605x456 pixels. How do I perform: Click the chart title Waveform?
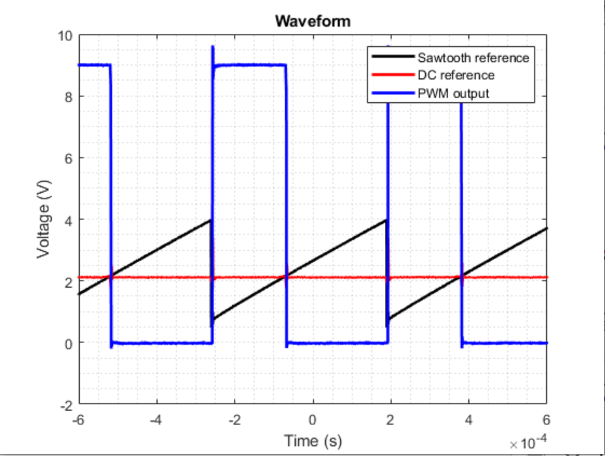pyautogui.click(x=312, y=21)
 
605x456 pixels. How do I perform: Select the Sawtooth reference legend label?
pyautogui.click(x=473, y=58)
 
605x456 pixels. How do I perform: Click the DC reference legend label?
pyautogui.click(x=455, y=75)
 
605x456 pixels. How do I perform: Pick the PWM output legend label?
pyautogui.click(x=453, y=93)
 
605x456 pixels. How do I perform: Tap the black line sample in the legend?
pyautogui.click(x=393, y=57)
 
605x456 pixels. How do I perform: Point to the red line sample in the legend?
pyautogui.click(x=393, y=75)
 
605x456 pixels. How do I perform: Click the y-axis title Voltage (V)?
pyautogui.click(x=44, y=219)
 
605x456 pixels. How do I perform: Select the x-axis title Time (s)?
pyautogui.click(x=312, y=440)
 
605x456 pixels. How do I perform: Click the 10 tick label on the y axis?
pyautogui.click(x=65, y=35)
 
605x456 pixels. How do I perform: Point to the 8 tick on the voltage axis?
pyautogui.click(x=68, y=96)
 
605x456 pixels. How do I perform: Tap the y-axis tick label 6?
pyautogui.click(x=68, y=158)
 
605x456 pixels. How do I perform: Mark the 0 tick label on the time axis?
pyautogui.click(x=312, y=420)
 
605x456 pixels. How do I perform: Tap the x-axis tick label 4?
pyautogui.click(x=469, y=420)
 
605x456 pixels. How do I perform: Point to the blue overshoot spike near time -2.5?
pyautogui.click(x=212, y=48)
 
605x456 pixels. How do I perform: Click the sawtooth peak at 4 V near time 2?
pyautogui.click(x=386, y=220)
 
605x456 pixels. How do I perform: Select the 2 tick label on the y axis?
pyautogui.click(x=68, y=282)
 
